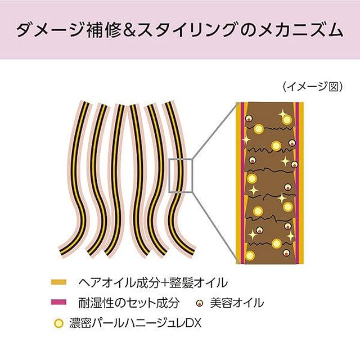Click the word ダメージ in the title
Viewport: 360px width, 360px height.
[49, 30]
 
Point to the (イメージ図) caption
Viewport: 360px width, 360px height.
[313, 87]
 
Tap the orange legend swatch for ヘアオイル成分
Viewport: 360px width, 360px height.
[58, 282]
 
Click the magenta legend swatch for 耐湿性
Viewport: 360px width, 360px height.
[58, 302]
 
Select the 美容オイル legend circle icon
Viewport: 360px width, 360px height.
[200, 303]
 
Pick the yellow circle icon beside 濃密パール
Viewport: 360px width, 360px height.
[58, 323]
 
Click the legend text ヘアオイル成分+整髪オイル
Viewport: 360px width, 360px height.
[153, 282]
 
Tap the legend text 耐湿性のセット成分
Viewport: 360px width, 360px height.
[129, 303]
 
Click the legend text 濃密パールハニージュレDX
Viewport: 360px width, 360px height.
[135, 323]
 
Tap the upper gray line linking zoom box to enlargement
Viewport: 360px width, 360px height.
[215, 130]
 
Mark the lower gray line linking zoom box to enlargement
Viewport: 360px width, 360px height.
[215, 228]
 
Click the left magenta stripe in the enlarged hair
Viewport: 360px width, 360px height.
[242, 183]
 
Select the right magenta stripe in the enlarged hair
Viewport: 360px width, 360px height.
[298, 183]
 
